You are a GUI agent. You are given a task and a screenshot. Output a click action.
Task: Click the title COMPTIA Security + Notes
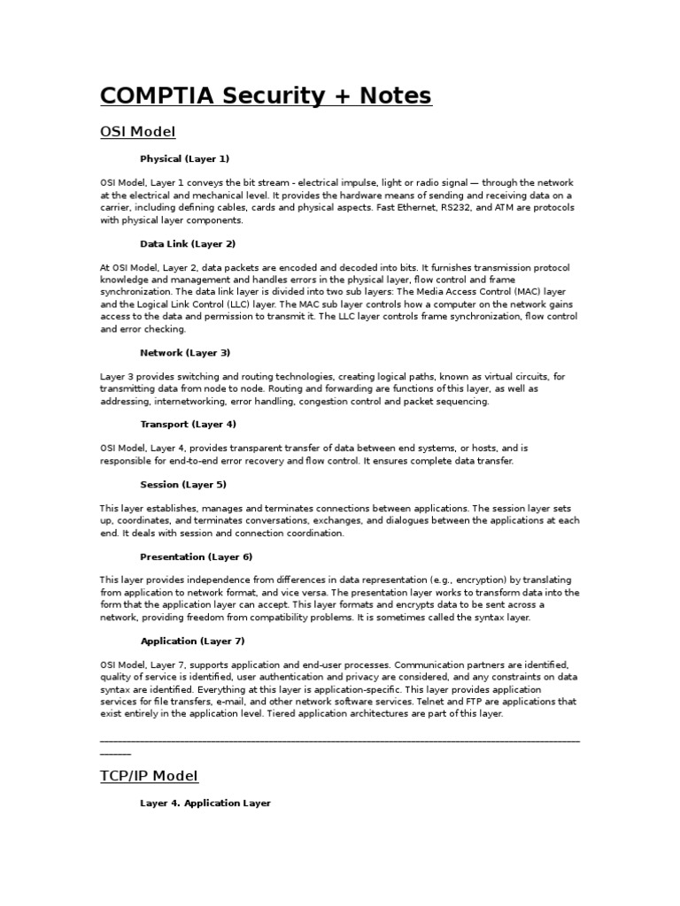click(266, 95)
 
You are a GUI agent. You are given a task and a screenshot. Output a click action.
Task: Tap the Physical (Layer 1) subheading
click(184, 158)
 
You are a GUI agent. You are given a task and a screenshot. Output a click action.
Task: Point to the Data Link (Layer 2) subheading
click(188, 243)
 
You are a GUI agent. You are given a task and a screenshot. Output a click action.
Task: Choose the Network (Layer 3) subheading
click(185, 352)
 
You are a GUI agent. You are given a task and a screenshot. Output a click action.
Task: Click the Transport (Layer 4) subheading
click(188, 424)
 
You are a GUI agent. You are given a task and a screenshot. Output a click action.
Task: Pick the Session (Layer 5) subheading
click(183, 484)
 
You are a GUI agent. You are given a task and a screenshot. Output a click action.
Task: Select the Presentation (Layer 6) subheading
click(196, 557)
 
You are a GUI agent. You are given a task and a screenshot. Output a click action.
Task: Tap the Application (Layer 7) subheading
click(192, 641)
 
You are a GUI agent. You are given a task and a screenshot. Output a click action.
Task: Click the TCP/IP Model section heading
click(149, 776)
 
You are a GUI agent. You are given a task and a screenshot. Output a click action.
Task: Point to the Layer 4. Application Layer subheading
click(205, 803)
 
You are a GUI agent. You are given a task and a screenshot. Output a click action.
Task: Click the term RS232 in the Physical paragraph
click(458, 208)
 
